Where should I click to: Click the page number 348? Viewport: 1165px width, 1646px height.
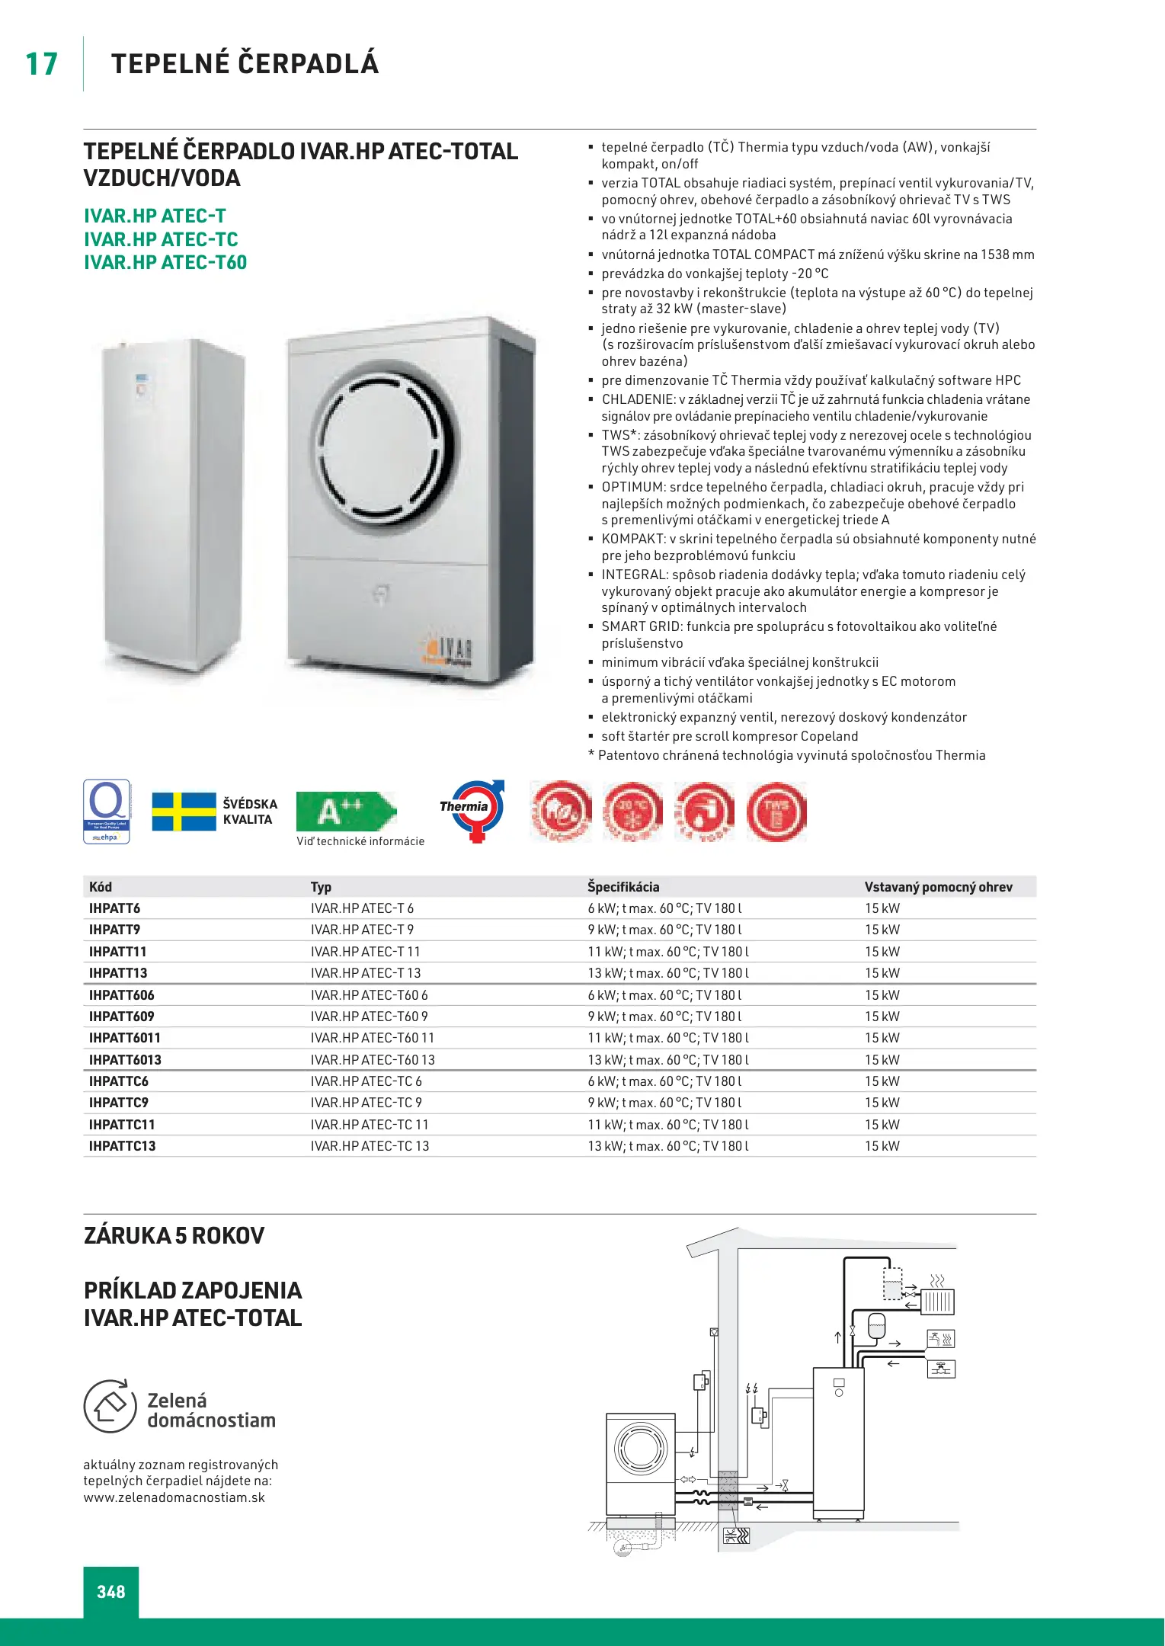click(111, 1591)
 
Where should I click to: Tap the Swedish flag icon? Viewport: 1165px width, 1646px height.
click(184, 812)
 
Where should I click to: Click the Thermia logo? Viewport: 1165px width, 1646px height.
click(472, 810)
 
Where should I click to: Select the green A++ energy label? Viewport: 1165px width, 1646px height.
click(345, 811)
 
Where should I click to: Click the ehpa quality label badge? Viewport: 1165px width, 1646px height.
click(107, 812)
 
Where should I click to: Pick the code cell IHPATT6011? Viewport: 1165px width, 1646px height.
click(125, 1038)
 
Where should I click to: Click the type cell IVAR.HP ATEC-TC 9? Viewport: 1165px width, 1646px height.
click(366, 1103)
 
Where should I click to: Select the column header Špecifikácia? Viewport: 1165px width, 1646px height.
click(623, 887)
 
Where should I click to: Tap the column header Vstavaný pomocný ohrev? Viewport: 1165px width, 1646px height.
click(938, 887)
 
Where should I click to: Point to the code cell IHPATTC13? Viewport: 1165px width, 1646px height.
click(122, 1146)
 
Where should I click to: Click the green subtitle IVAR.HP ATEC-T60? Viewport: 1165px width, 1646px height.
click(165, 263)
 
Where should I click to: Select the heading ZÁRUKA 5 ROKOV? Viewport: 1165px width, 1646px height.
click(174, 1236)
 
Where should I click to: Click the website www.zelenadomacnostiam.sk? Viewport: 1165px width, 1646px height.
click(174, 1497)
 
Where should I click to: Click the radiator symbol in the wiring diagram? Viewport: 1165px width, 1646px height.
click(938, 1301)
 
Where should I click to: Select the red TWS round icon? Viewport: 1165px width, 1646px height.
click(776, 812)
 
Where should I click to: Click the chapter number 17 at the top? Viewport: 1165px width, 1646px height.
click(42, 64)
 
